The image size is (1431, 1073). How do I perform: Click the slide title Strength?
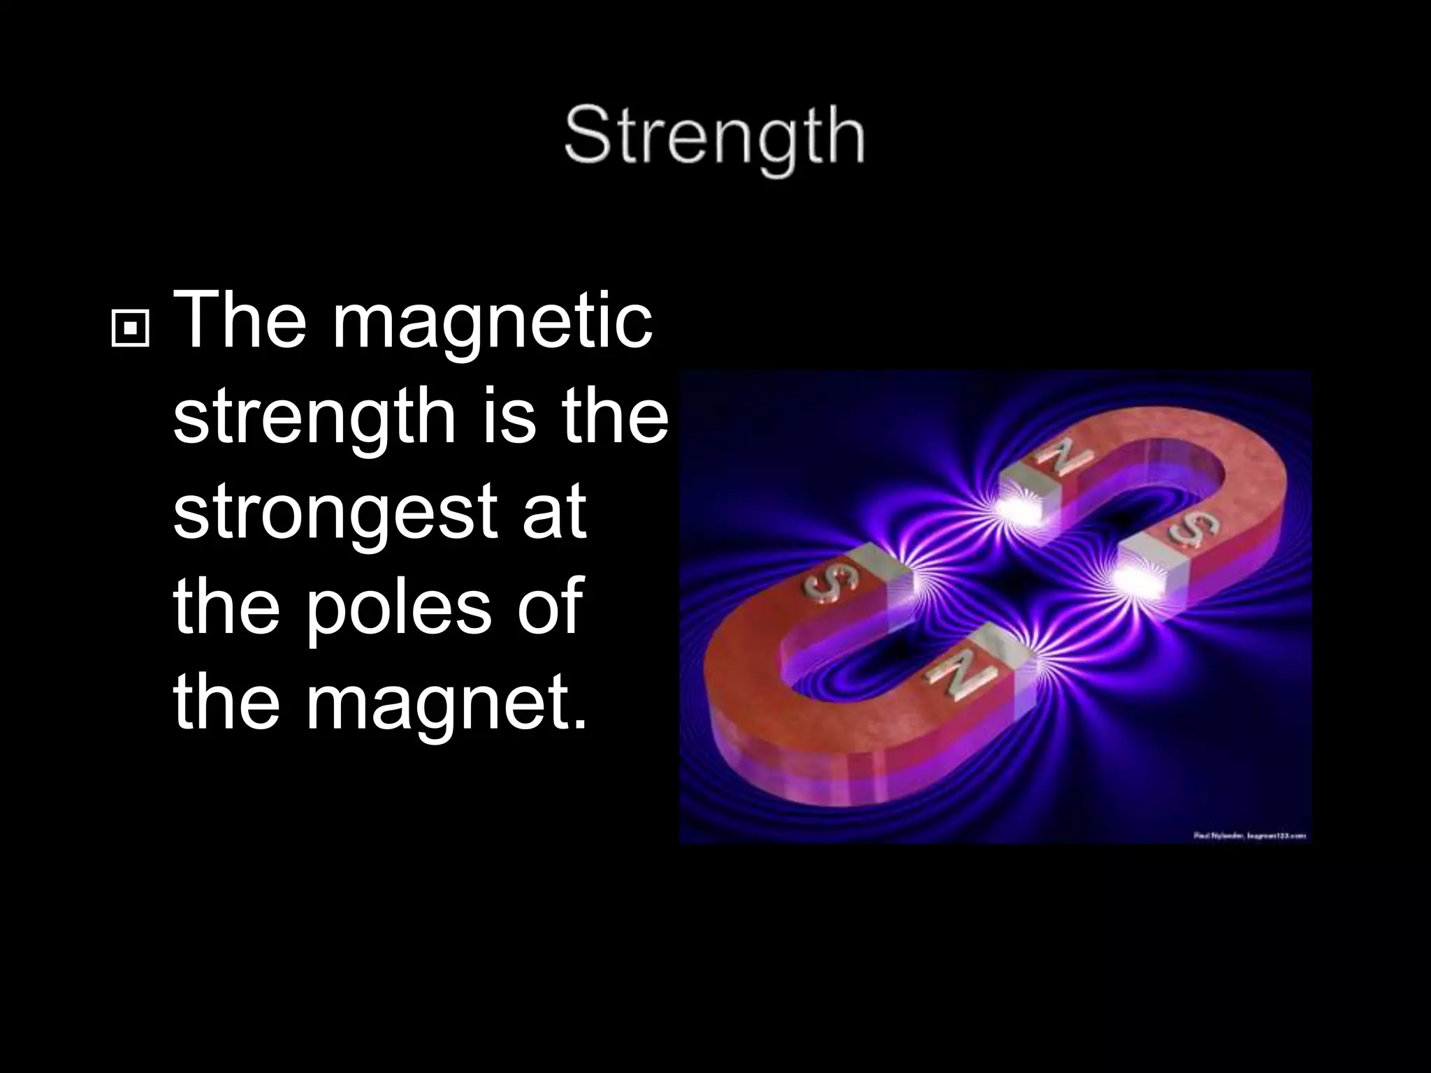click(x=714, y=140)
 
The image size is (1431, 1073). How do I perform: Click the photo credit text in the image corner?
click(x=1249, y=835)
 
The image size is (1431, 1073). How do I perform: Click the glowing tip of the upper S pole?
click(x=1135, y=579)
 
